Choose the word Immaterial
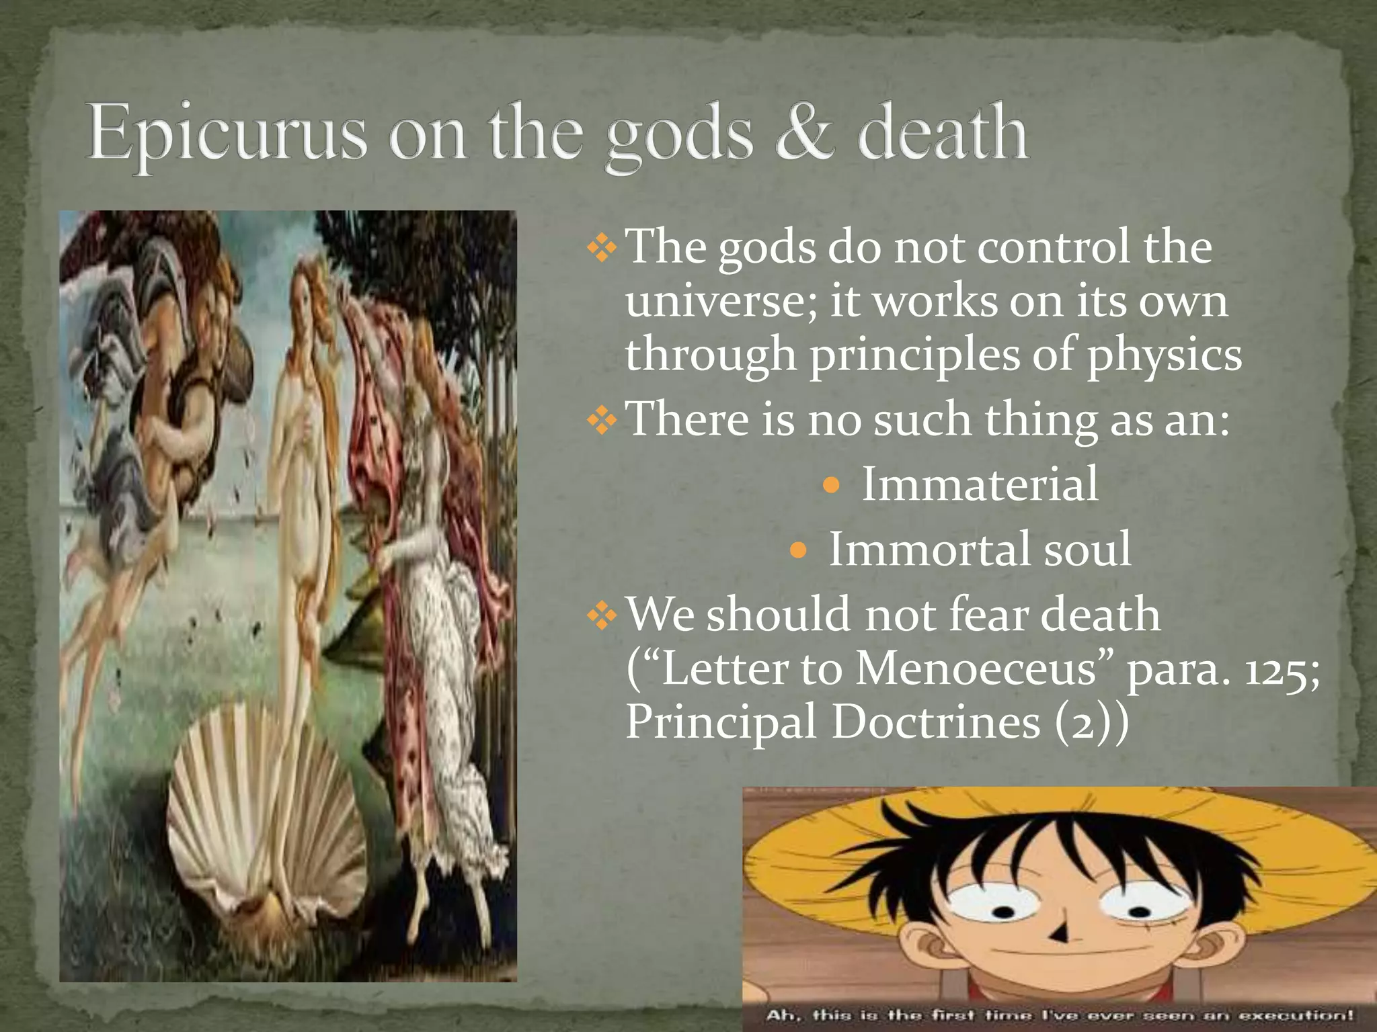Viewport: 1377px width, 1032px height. (x=980, y=484)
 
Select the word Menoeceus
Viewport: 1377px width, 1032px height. (x=976, y=669)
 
